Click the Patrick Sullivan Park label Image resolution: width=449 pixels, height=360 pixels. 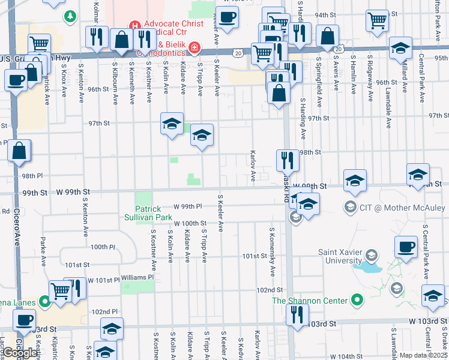click(x=154, y=213)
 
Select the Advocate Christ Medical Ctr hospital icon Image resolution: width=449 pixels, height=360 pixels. click(x=135, y=26)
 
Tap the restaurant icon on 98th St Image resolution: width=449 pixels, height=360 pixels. click(x=287, y=160)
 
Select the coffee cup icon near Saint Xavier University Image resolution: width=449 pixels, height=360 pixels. click(x=406, y=246)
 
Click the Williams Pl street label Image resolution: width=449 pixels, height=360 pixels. click(x=137, y=278)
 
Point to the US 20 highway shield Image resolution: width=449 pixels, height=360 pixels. click(x=239, y=53)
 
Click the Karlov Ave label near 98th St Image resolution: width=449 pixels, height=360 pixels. click(x=253, y=166)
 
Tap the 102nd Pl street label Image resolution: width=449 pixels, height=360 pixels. click(x=104, y=312)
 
